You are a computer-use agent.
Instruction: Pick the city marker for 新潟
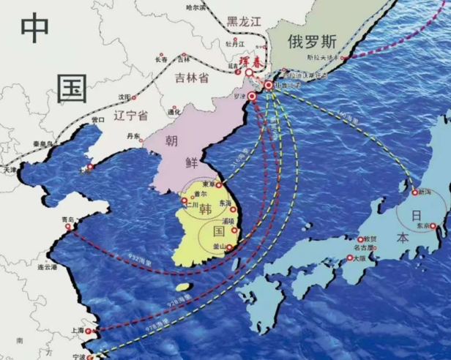415,192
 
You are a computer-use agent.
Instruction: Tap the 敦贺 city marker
360,239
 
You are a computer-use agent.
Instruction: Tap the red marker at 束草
219,185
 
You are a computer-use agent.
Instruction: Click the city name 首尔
196,194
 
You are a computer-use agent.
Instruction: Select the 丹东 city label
133,136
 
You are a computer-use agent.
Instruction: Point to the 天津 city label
10,169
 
